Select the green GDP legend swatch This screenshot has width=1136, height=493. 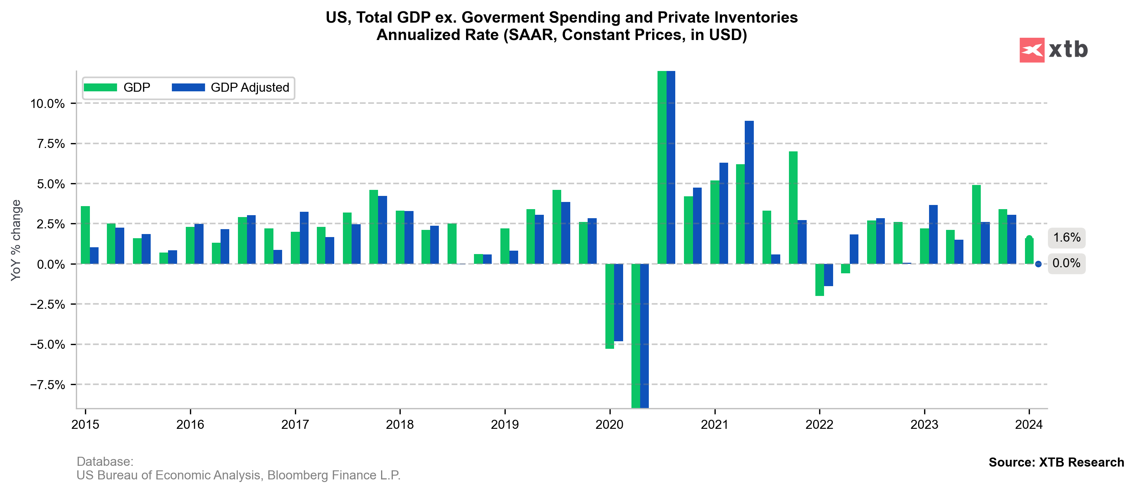click(100, 87)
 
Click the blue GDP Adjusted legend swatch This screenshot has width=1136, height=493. click(188, 87)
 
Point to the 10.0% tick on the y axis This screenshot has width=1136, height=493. click(47, 104)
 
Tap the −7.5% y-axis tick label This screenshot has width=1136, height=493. click(47, 385)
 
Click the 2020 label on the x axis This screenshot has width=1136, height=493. click(610, 425)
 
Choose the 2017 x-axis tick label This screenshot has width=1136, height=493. click(295, 425)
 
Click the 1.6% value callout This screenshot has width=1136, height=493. click(1067, 238)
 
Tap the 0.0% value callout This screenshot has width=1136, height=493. click(1067, 263)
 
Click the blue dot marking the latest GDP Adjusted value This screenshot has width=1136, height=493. click(1038, 264)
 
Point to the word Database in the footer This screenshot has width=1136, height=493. click(105, 462)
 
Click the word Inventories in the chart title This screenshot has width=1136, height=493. click(756, 17)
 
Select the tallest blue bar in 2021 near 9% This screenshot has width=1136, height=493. click(749, 192)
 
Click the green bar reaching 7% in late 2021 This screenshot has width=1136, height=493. click(793, 207)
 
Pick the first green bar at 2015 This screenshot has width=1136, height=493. click(85, 235)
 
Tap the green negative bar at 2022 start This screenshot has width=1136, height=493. click(820, 280)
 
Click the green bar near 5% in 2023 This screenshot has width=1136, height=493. click(976, 224)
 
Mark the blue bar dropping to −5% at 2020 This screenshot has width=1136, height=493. click(618, 302)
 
